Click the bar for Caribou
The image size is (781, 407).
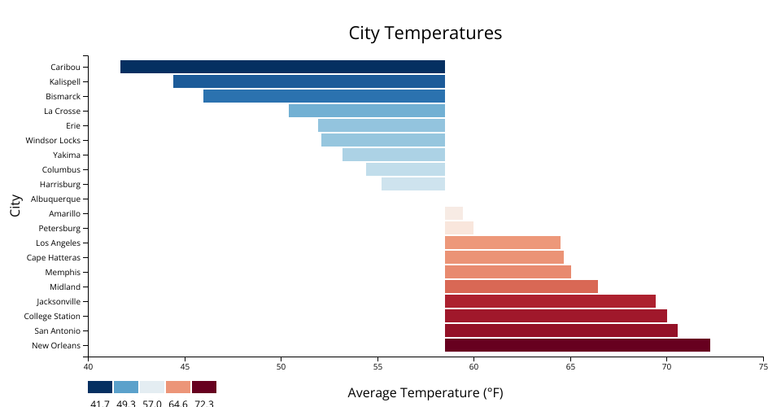[282, 67]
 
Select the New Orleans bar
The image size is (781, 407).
[578, 345]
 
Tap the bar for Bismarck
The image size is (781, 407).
[324, 96]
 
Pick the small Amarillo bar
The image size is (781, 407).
[454, 213]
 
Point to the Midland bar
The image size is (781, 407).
[521, 287]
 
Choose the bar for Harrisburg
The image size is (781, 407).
[413, 184]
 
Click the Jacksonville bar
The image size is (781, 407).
[550, 301]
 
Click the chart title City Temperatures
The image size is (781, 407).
[425, 33]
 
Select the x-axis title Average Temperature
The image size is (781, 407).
[425, 393]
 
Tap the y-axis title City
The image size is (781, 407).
[15, 206]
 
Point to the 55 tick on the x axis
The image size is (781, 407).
[377, 366]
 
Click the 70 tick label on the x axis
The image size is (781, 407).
[666, 366]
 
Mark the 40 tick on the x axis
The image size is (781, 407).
[88, 366]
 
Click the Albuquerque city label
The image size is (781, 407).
[55, 199]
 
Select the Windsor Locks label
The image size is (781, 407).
[53, 140]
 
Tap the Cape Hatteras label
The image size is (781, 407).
[54, 257]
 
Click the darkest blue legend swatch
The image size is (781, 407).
[100, 387]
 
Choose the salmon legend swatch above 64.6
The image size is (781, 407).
[178, 387]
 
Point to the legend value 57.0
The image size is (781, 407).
[152, 403]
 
